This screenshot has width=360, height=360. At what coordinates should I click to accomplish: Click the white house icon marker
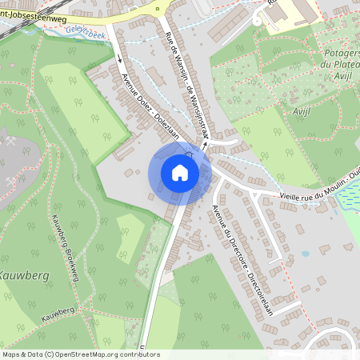(180, 173)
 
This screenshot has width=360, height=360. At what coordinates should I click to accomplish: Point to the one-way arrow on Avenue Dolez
(118, 58)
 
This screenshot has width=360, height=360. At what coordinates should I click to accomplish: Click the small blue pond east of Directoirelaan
(306, 254)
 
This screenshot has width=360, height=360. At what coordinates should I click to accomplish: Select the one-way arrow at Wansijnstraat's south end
(205, 146)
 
